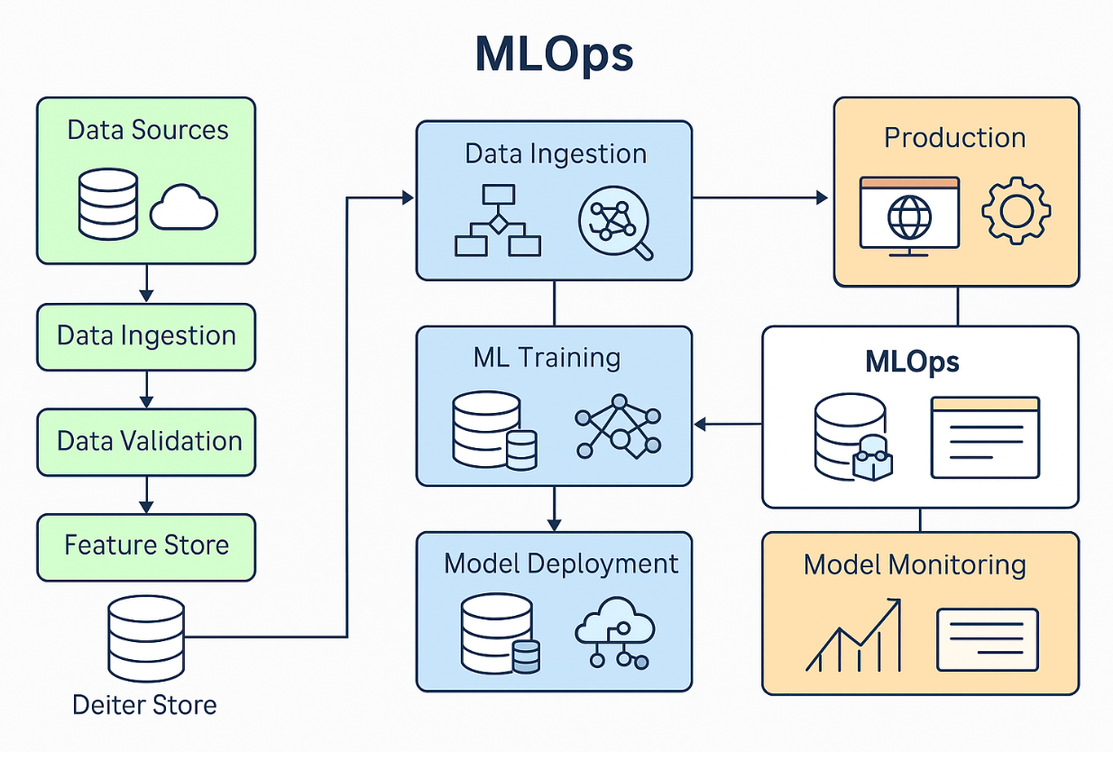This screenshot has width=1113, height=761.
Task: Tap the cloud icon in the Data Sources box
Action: [183, 208]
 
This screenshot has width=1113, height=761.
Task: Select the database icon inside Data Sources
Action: [108, 204]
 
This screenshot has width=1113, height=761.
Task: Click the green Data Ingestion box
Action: [146, 335]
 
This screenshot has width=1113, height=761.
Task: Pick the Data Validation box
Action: [146, 441]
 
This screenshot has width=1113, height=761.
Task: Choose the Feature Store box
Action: [146, 546]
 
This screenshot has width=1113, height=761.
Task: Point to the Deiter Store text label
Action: [144, 704]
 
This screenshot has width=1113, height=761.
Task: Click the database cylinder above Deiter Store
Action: [145, 637]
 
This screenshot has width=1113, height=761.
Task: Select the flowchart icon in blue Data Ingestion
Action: [497, 220]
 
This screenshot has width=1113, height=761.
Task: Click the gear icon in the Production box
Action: [1016, 210]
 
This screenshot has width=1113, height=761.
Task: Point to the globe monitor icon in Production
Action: [908, 215]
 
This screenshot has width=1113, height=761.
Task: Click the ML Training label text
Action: [547, 358]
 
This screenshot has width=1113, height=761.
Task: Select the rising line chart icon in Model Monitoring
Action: [853, 635]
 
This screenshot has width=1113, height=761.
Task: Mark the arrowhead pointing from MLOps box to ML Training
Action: [700, 422]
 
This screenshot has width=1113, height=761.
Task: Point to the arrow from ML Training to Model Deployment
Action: [554, 509]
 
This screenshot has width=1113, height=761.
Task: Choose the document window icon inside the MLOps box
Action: [985, 436]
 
